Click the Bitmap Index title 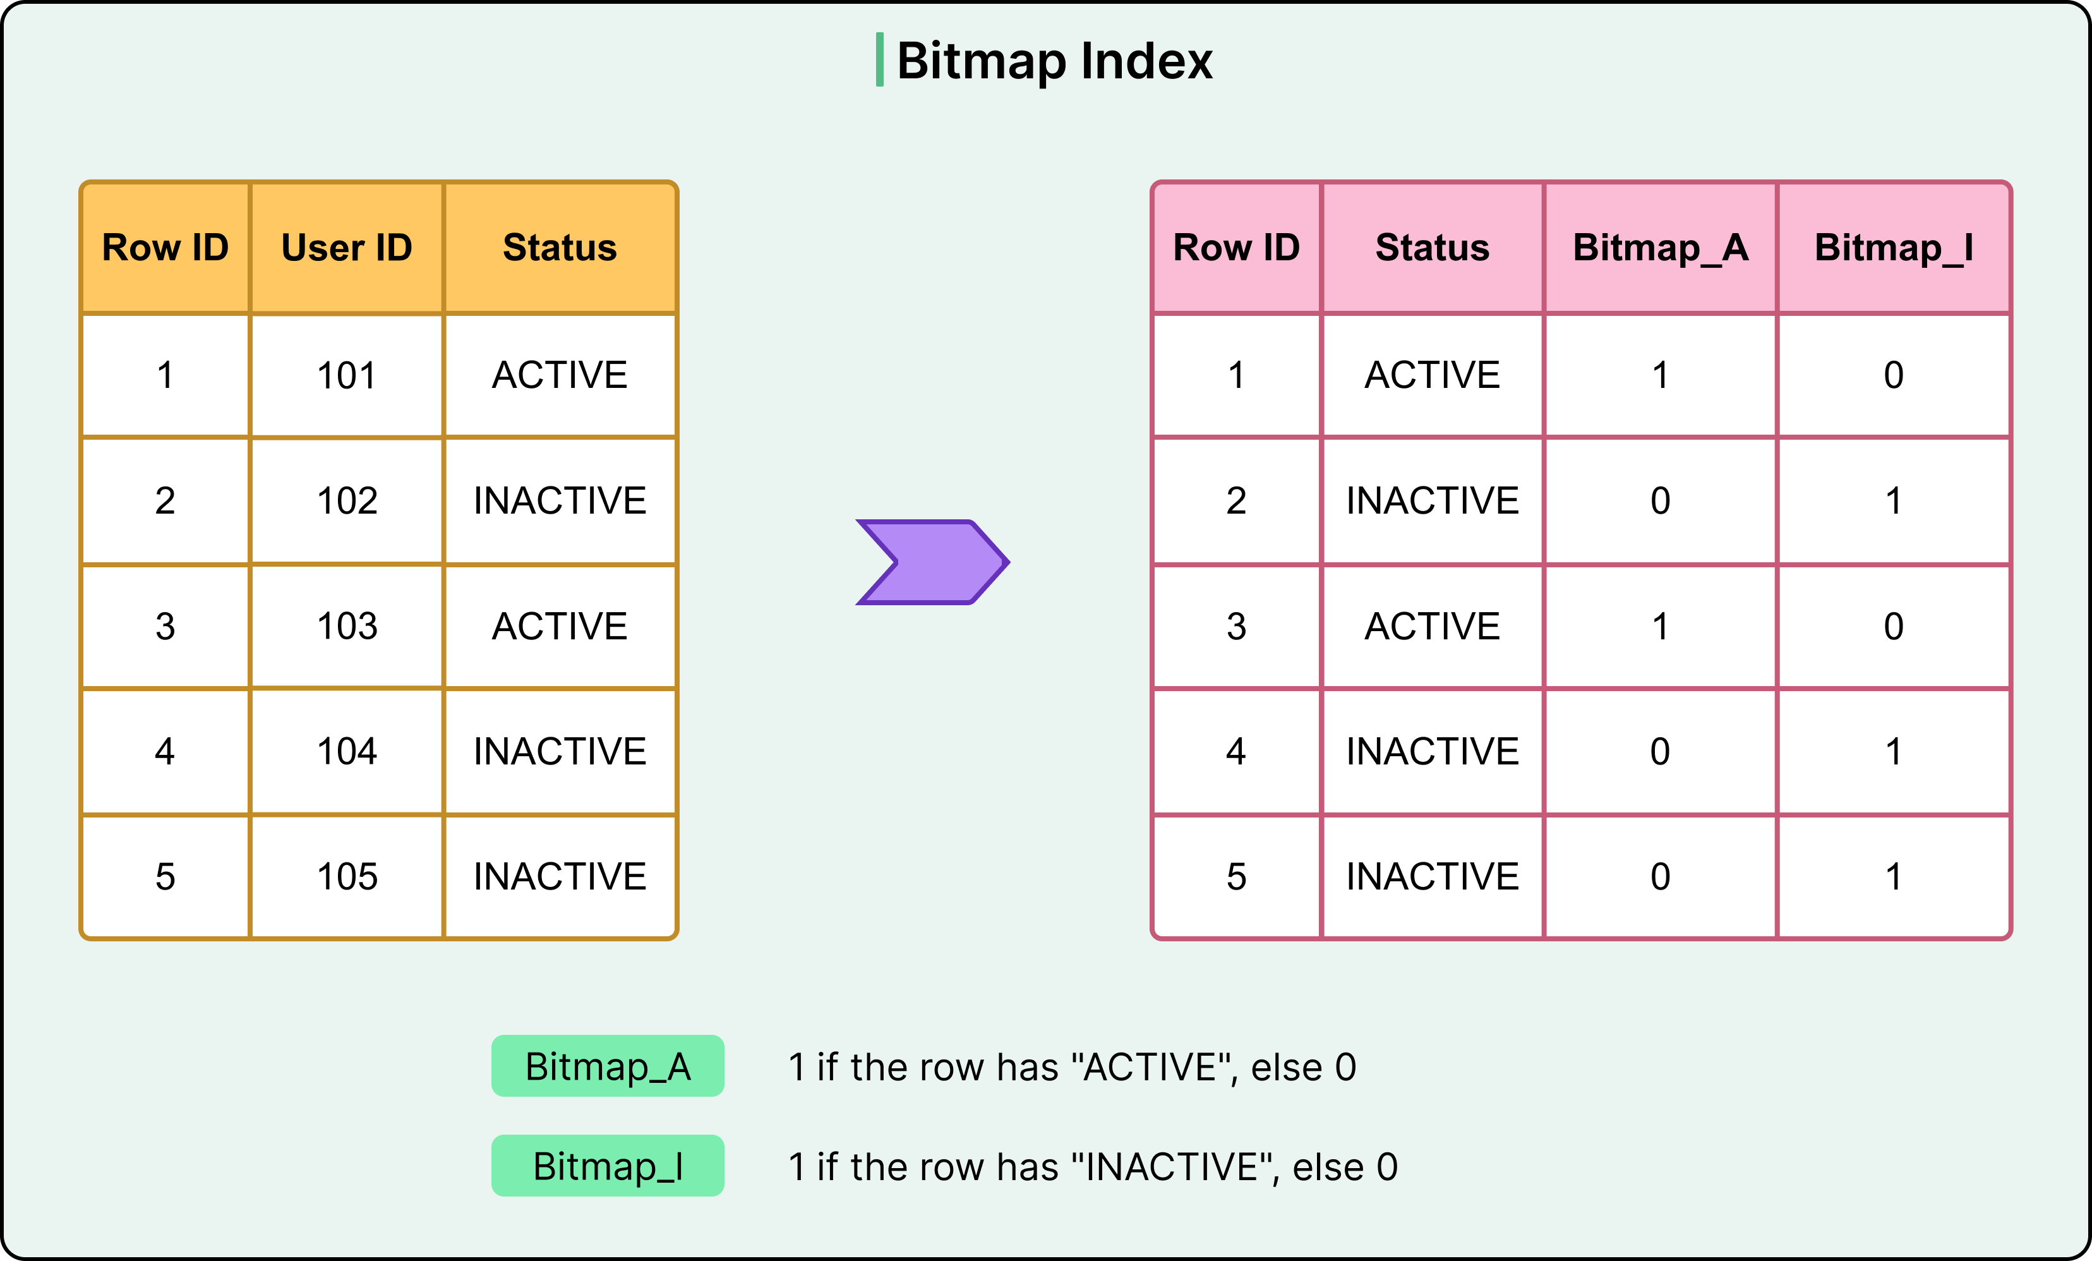[1054, 61]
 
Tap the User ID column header [346, 248]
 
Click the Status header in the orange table [560, 248]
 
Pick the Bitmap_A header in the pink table [1660, 248]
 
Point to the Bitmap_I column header [1893, 248]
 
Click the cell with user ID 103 [346, 627]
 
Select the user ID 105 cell [346, 877]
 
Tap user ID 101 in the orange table [346, 375]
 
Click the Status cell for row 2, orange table [560, 501]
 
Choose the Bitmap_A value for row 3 [1660, 627]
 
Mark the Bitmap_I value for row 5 [1893, 877]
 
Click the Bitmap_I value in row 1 [1893, 375]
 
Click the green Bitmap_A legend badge [608, 1066]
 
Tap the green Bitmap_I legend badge [608, 1166]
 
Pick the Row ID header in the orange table [165, 248]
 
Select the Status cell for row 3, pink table [1433, 627]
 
